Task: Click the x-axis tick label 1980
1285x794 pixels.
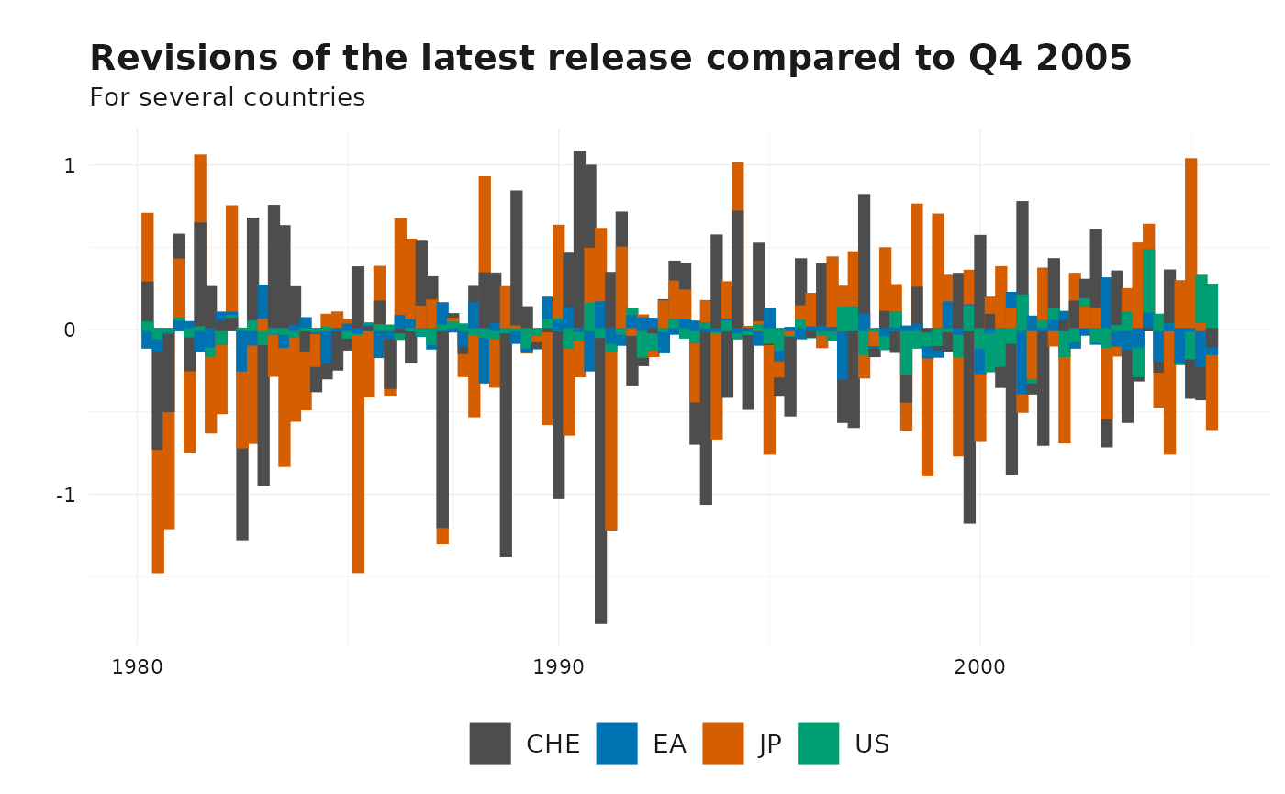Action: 137,665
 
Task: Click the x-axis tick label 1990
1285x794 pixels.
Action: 558,665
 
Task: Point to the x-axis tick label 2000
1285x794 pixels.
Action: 979,665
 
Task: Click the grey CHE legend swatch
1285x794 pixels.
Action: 490,744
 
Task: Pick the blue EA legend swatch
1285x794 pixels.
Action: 617,744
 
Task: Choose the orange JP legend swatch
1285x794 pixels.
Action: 723,744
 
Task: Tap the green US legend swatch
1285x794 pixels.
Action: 818,744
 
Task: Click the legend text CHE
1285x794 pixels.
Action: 553,744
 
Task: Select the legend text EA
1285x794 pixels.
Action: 669,744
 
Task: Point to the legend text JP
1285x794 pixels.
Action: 770,744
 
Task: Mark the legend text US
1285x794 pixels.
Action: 871,744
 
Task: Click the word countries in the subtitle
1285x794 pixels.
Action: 309,97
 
